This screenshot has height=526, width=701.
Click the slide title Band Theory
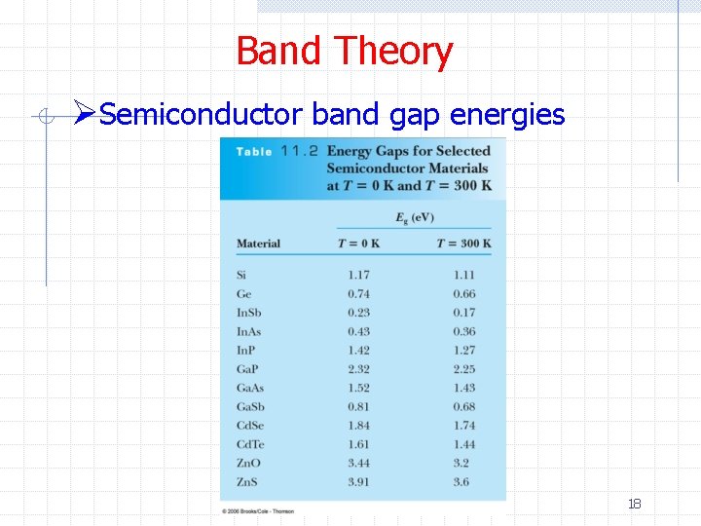tap(344, 51)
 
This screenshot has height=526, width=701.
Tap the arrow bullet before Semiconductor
tap(86, 115)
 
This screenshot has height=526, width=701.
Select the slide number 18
tap(634, 504)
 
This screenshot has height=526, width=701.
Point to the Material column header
tap(258, 244)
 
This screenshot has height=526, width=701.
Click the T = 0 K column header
tap(358, 244)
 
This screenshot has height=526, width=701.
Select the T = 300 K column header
tap(463, 244)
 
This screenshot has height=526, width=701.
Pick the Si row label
tap(241, 276)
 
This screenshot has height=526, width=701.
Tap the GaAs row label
tap(249, 388)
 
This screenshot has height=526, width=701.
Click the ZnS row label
tap(247, 481)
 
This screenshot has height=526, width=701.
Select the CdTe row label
tap(250, 444)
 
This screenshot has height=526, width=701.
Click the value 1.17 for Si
tap(359, 276)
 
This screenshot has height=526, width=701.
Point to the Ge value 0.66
tap(464, 294)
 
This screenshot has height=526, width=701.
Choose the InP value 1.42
tap(359, 351)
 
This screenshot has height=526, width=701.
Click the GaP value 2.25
tap(464, 369)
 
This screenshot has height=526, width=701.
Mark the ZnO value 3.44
tap(359, 463)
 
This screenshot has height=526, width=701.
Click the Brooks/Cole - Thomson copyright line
tap(257, 510)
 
